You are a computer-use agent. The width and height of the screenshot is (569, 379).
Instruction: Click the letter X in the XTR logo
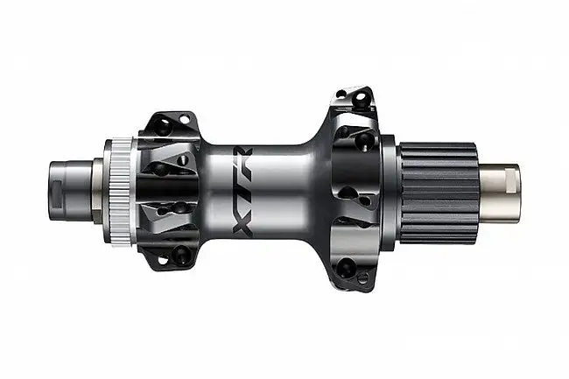click(238, 214)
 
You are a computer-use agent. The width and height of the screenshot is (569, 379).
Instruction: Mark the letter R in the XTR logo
click(238, 162)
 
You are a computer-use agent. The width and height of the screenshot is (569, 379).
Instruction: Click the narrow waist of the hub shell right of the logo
click(289, 188)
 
